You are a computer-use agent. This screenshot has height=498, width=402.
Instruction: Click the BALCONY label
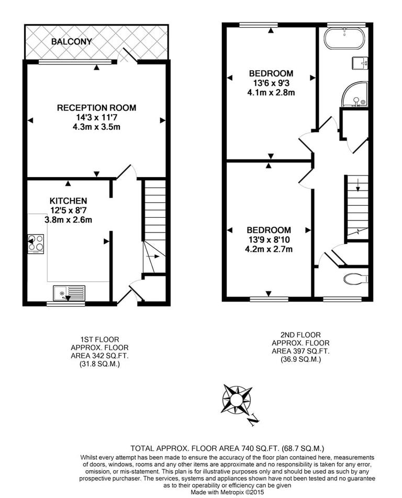tap(71, 41)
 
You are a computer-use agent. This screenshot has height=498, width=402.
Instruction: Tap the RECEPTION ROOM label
tap(96, 108)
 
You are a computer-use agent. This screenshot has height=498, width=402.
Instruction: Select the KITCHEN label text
tap(68, 201)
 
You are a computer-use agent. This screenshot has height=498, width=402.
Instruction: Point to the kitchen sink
tap(69, 293)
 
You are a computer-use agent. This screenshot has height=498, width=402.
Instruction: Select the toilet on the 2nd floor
tap(356, 279)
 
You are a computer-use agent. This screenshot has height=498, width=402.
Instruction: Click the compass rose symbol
tap(237, 400)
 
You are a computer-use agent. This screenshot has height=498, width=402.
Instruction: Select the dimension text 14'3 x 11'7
tap(96, 118)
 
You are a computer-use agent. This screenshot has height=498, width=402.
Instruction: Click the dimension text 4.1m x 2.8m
tap(271, 93)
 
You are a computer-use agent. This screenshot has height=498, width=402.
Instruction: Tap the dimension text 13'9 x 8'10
tap(269, 240)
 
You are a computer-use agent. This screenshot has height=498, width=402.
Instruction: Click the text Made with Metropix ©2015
tap(227, 493)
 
